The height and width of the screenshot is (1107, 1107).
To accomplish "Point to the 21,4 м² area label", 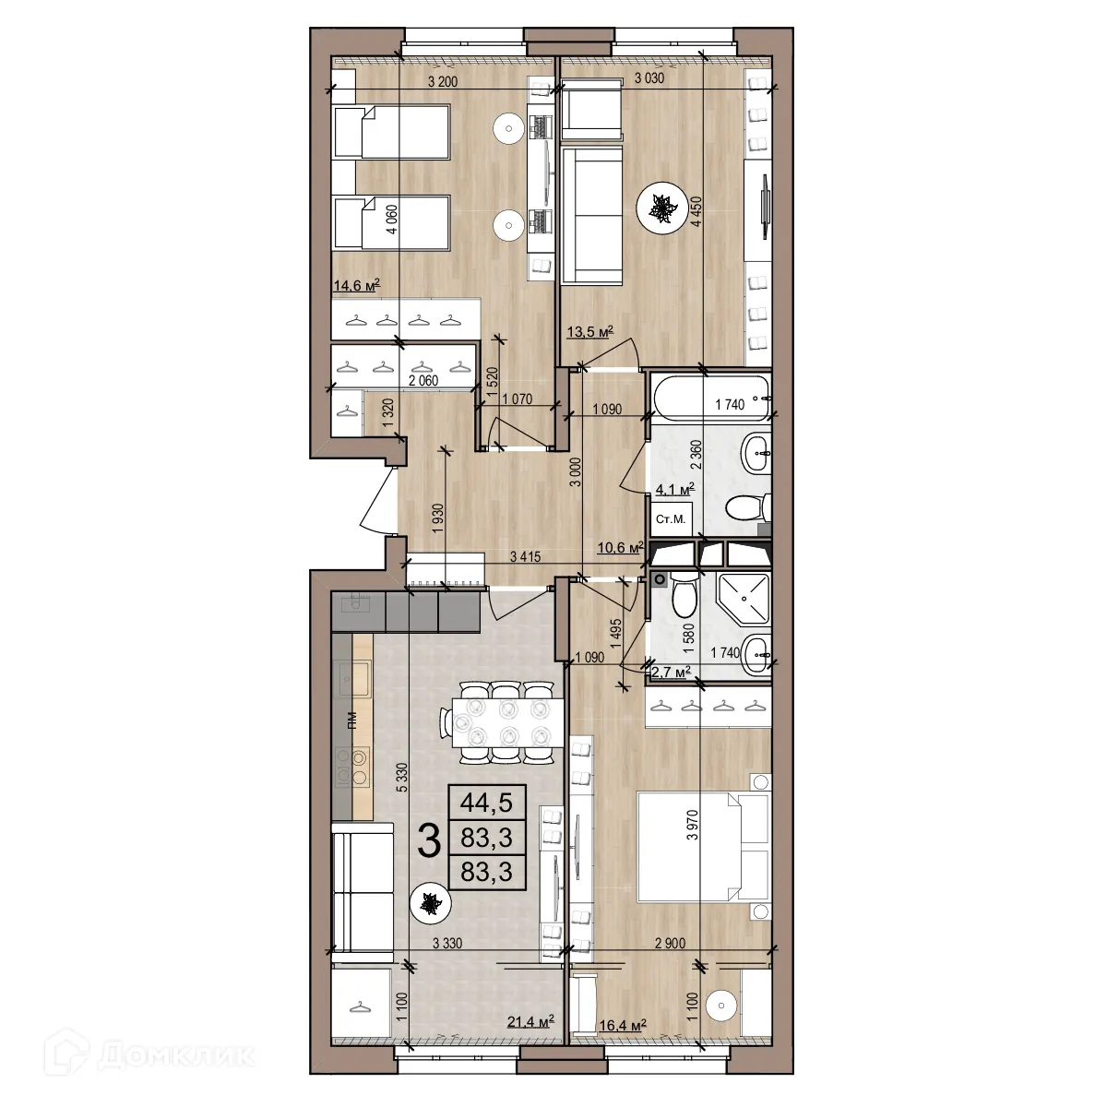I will (x=530, y=1019).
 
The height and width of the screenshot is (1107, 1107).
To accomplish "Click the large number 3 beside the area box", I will (x=428, y=840).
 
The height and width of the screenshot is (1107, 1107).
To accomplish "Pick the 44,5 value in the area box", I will (x=485, y=801).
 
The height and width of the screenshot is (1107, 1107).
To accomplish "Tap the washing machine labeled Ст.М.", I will (x=671, y=519).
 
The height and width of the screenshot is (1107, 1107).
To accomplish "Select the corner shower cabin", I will (x=741, y=599).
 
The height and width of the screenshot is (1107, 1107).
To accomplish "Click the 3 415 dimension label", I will (x=525, y=556).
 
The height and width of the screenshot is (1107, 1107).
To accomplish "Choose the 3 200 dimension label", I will (x=443, y=81).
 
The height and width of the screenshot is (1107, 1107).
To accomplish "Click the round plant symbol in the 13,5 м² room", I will (x=661, y=210).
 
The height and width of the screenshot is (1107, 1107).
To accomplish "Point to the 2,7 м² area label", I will (x=672, y=673).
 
